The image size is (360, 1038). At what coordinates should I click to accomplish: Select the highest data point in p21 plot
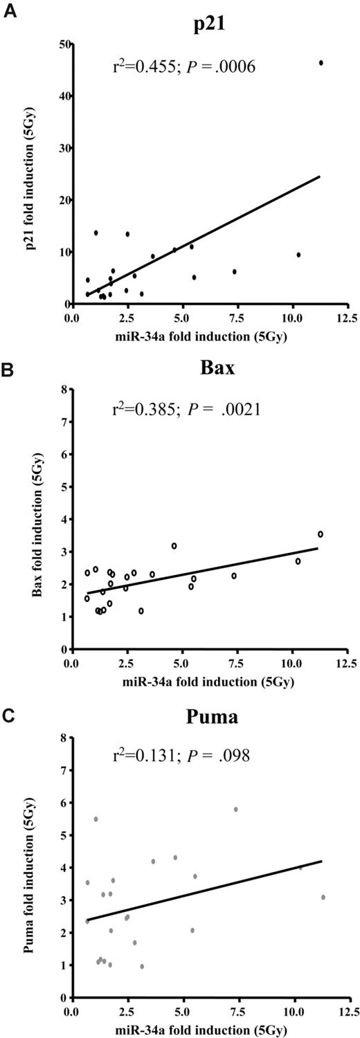(x=321, y=63)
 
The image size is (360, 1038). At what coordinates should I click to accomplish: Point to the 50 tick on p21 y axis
(x=61, y=44)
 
